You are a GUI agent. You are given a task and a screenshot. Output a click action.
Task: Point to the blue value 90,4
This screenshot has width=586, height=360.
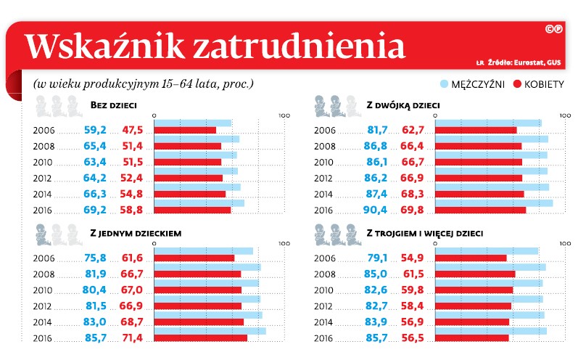pyautogui.click(x=379, y=210)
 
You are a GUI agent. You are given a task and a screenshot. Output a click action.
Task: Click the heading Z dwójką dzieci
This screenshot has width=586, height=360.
pyautogui.click(x=403, y=106)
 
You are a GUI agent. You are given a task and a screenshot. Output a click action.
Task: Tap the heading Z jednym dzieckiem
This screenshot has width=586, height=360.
pyautogui.click(x=135, y=234)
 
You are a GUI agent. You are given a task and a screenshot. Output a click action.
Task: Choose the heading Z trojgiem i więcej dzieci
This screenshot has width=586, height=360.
pyautogui.click(x=425, y=234)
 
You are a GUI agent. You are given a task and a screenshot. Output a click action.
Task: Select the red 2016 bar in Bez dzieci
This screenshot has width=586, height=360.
pyautogui.click(x=192, y=210)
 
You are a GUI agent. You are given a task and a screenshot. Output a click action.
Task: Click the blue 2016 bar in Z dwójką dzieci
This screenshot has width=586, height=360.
pyautogui.click(x=493, y=202)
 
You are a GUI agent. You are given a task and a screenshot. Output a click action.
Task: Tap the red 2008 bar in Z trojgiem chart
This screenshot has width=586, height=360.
pyautogui.click(x=474, y=274)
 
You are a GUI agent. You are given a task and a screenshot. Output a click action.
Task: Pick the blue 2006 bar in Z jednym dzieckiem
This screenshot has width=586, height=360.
pyautogui.click(x=203, y=251)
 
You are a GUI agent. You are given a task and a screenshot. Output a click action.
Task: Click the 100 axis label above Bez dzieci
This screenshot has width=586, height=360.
pyautogui.click(x=284, y=115)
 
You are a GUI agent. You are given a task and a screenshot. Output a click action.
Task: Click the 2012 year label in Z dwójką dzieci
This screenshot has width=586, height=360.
pyautogui.click(x=323, y=178)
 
